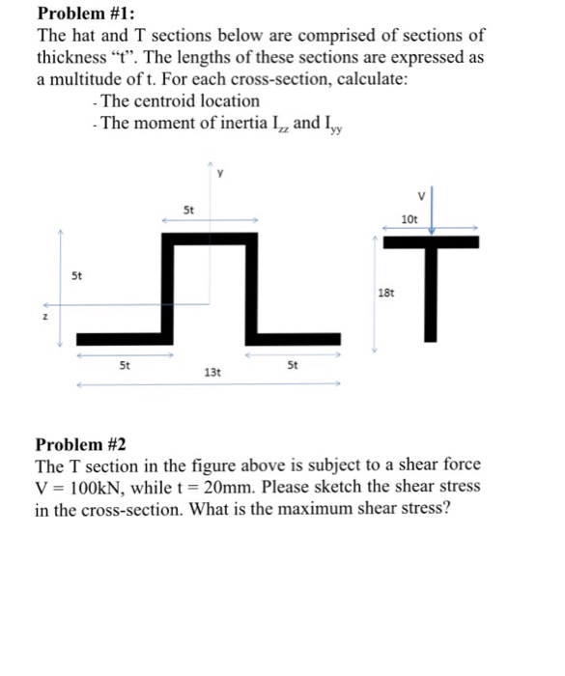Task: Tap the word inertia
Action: coord(241,123)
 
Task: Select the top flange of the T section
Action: coord(431,242)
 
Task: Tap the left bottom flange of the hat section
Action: coord(124,337)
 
